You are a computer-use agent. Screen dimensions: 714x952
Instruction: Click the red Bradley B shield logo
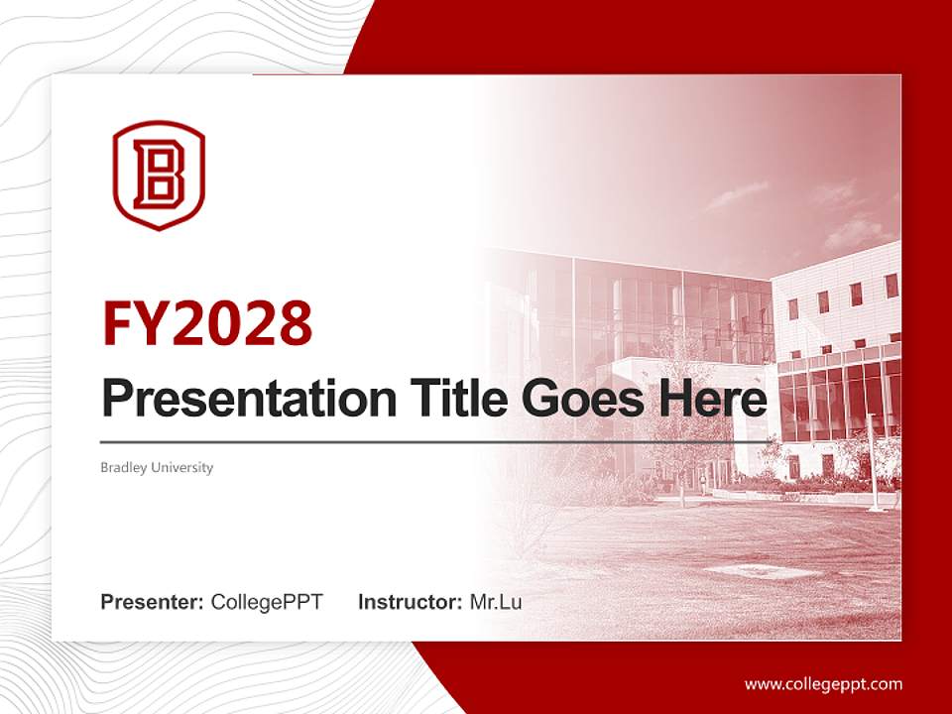(159, 176)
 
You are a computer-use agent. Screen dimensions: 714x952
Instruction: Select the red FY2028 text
(207, 322)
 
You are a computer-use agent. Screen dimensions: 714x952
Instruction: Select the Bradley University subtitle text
(157, 467)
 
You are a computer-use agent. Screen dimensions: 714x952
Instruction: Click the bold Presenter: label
(153, 602)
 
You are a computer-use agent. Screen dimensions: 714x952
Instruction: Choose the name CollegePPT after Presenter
(267, 602)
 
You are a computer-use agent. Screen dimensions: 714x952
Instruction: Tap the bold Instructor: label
(410, 602)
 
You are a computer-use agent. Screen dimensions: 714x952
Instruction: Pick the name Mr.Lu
(496, 602)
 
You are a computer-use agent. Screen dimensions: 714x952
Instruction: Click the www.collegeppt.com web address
(823, 684)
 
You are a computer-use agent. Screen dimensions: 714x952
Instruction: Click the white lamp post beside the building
(874, 462)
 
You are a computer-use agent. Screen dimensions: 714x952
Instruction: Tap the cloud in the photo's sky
(739, 193)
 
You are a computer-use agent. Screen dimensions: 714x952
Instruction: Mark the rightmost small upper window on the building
(891, 286)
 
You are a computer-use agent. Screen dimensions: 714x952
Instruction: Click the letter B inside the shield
(159, 174)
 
